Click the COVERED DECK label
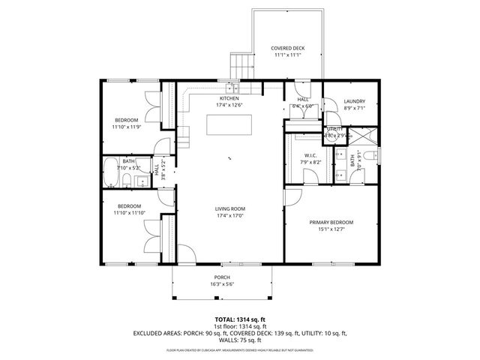point(287,49)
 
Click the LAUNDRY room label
point(354,101)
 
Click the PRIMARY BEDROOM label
point(331,223)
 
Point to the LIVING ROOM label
point(230,208)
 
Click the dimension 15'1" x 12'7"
point(331,230)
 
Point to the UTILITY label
point(334,129)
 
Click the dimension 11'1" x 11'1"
point(287,55)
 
